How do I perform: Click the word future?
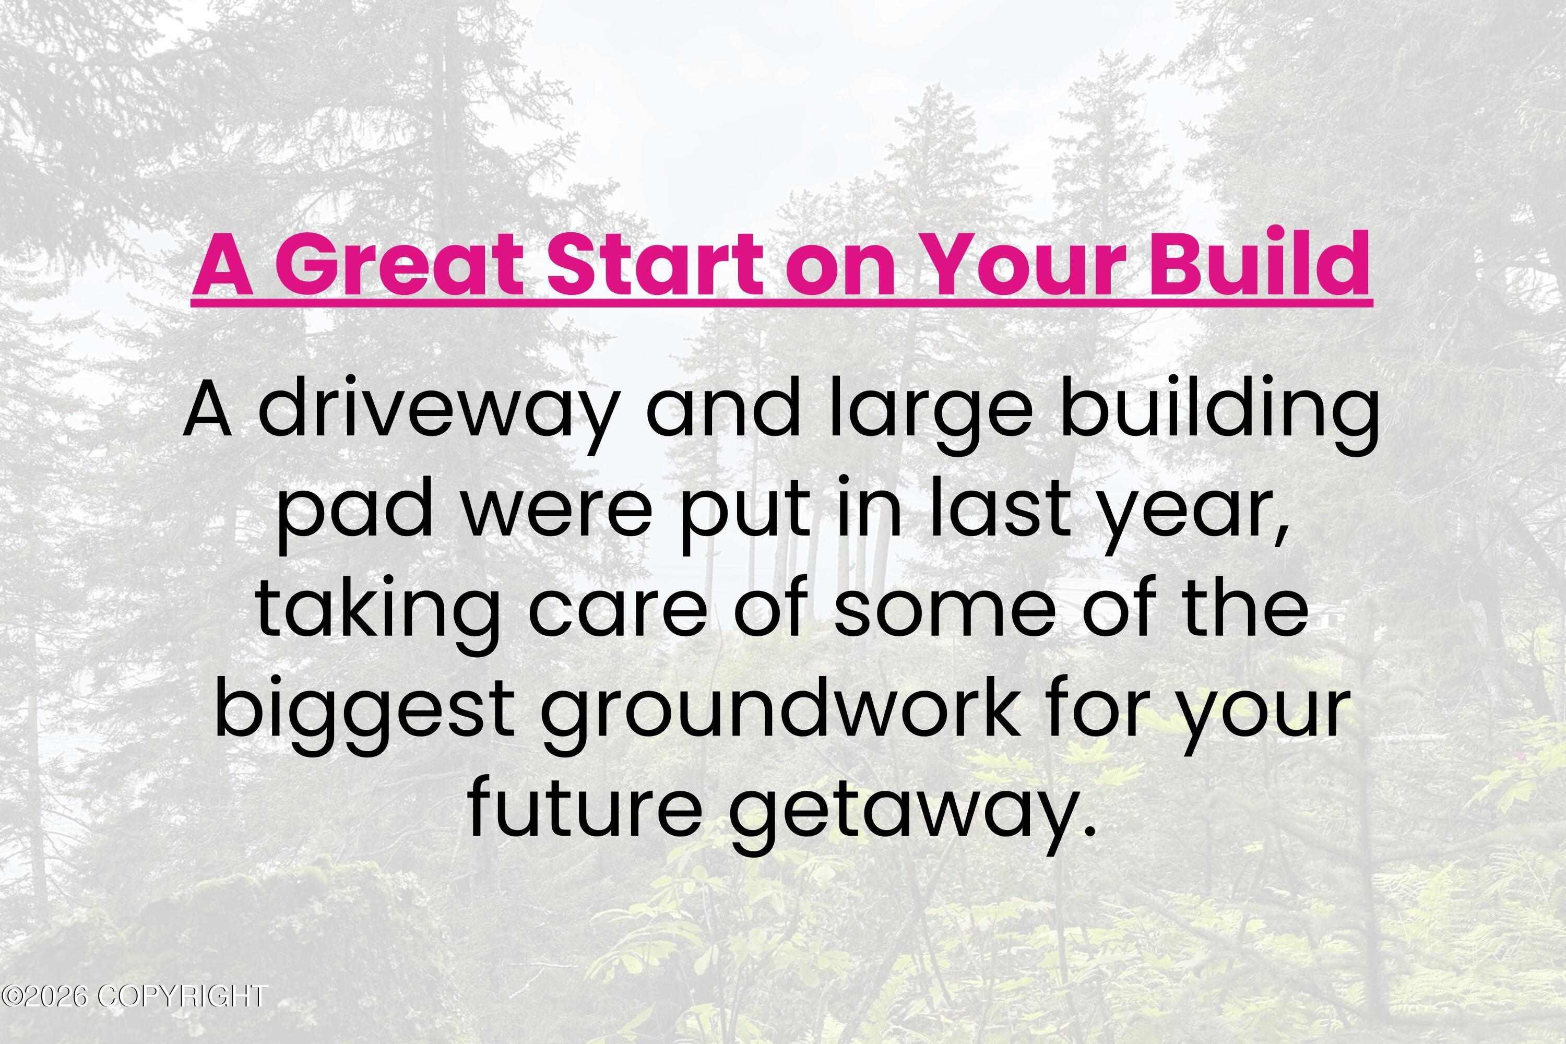pos(585,811)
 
